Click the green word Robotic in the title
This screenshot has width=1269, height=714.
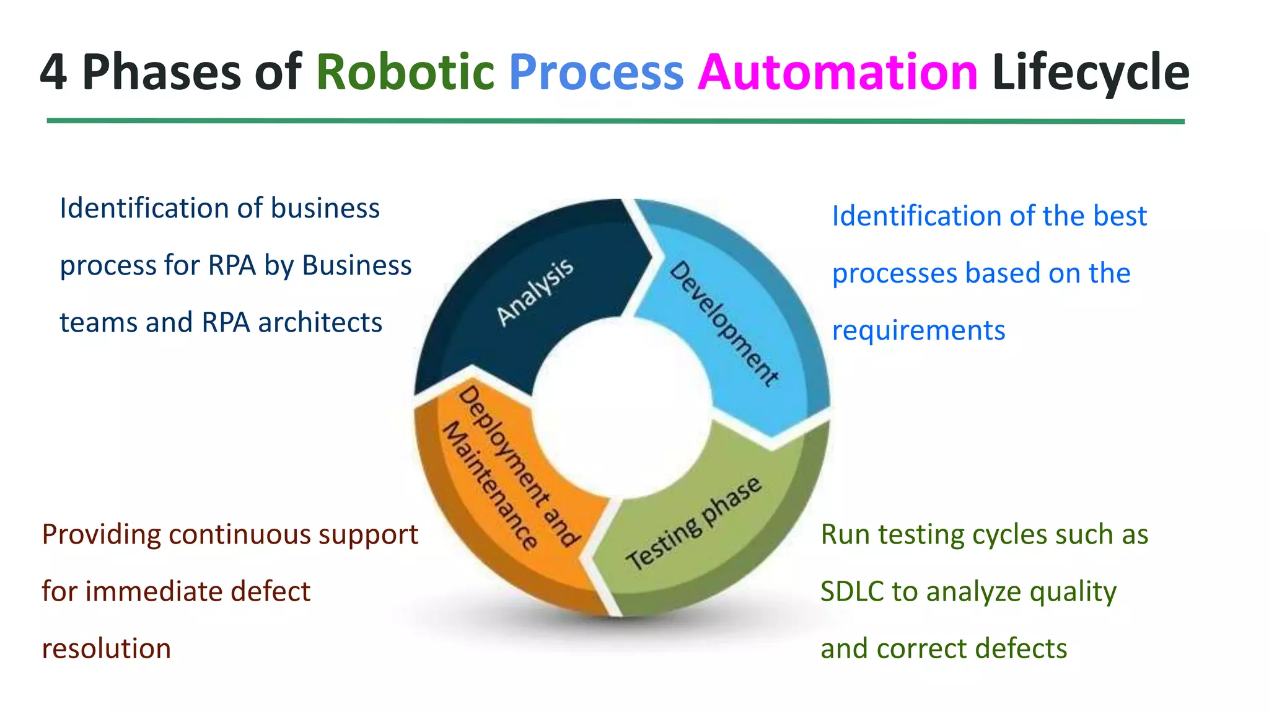(x=405, y=73)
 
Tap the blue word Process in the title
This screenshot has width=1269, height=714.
(x=596, y=73)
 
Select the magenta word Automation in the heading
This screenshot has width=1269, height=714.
(x=838, y=73)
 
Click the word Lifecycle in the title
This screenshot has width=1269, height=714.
(x=1091, y=73)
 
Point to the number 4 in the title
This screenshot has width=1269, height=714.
(x=53, y=73)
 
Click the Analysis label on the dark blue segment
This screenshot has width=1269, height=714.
(x=535, y=292)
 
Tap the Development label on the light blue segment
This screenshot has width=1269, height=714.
(x=724, y=324)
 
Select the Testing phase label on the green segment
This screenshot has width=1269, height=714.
(x=693, y=524)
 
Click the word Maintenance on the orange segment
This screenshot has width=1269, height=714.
(x=490, y=486)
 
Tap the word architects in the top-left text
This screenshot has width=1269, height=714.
(x=320, y=322)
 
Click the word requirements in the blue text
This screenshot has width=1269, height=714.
(x=918, y=330)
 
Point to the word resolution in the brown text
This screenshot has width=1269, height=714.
(x=107, y=649)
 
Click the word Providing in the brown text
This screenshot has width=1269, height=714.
(x=101, y=535)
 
